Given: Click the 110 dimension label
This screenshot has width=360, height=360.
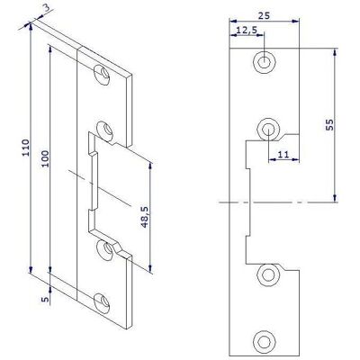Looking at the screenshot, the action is (x=26, y=148).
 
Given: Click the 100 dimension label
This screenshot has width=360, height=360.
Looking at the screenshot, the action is (x=45, y=159).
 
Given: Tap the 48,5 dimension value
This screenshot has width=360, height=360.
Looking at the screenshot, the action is (x=145, y=217).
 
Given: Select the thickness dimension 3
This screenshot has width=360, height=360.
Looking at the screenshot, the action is (x=47, y=8).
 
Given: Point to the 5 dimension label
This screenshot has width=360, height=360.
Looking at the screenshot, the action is (x=45, y=300).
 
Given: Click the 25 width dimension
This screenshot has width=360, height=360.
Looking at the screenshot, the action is (x=264, y=15).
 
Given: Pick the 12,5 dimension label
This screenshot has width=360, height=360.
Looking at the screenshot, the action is (x=247, y=30).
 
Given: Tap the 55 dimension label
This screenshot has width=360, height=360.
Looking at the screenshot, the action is (x=329, y=124).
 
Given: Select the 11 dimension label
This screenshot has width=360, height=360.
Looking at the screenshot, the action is (x=283, y=155).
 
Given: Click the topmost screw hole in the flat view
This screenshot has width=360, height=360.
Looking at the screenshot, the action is (x=264, y=63).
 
